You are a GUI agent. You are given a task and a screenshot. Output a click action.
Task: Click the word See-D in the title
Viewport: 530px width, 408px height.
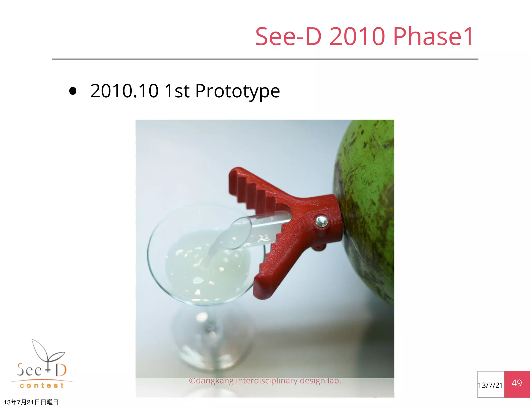click(288, 37)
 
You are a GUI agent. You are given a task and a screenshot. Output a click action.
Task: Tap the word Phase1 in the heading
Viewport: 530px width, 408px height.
click(433, 37)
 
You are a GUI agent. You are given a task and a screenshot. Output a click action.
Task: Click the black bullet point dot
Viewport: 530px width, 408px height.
click(73, 91)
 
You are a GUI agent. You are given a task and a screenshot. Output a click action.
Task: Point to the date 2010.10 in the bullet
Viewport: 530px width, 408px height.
click(124, 91)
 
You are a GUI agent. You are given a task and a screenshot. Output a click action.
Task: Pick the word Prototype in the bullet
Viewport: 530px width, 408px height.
click(237, 92)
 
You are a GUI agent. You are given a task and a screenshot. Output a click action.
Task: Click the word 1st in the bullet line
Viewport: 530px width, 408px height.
click(177, 91)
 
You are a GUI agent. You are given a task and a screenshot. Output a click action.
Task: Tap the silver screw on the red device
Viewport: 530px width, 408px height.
click(322, 221)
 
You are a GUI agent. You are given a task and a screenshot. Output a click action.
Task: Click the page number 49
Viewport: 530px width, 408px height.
click(517, 383)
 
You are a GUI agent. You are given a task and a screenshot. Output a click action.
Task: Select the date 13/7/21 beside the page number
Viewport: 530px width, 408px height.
click(490, 385)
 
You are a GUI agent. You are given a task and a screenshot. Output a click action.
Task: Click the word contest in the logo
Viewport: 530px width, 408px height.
click(42, 386)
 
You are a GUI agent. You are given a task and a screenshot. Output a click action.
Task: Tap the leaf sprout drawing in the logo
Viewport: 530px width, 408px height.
click(48, 352)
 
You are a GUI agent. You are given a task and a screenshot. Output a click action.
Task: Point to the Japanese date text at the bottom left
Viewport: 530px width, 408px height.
click(31, 402)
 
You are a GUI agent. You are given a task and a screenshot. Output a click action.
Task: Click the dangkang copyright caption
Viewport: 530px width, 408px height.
click(265, 381)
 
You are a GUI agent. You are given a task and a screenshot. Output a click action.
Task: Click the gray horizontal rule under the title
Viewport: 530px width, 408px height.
click(265, 59)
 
